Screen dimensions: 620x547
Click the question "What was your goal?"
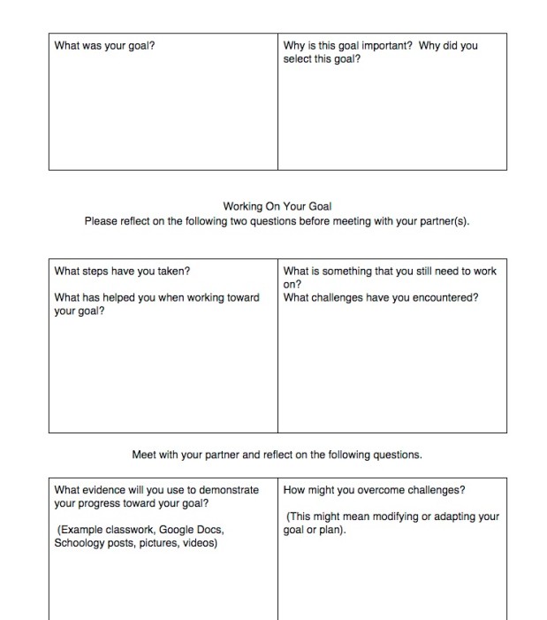pos(104,45)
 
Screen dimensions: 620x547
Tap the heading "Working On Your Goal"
pos(277,207)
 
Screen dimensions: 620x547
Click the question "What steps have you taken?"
pos(122,272)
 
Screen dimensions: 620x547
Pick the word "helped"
pos(122,297)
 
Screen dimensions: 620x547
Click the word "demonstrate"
pos(228,489)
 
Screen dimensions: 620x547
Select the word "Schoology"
pos(82,543)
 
